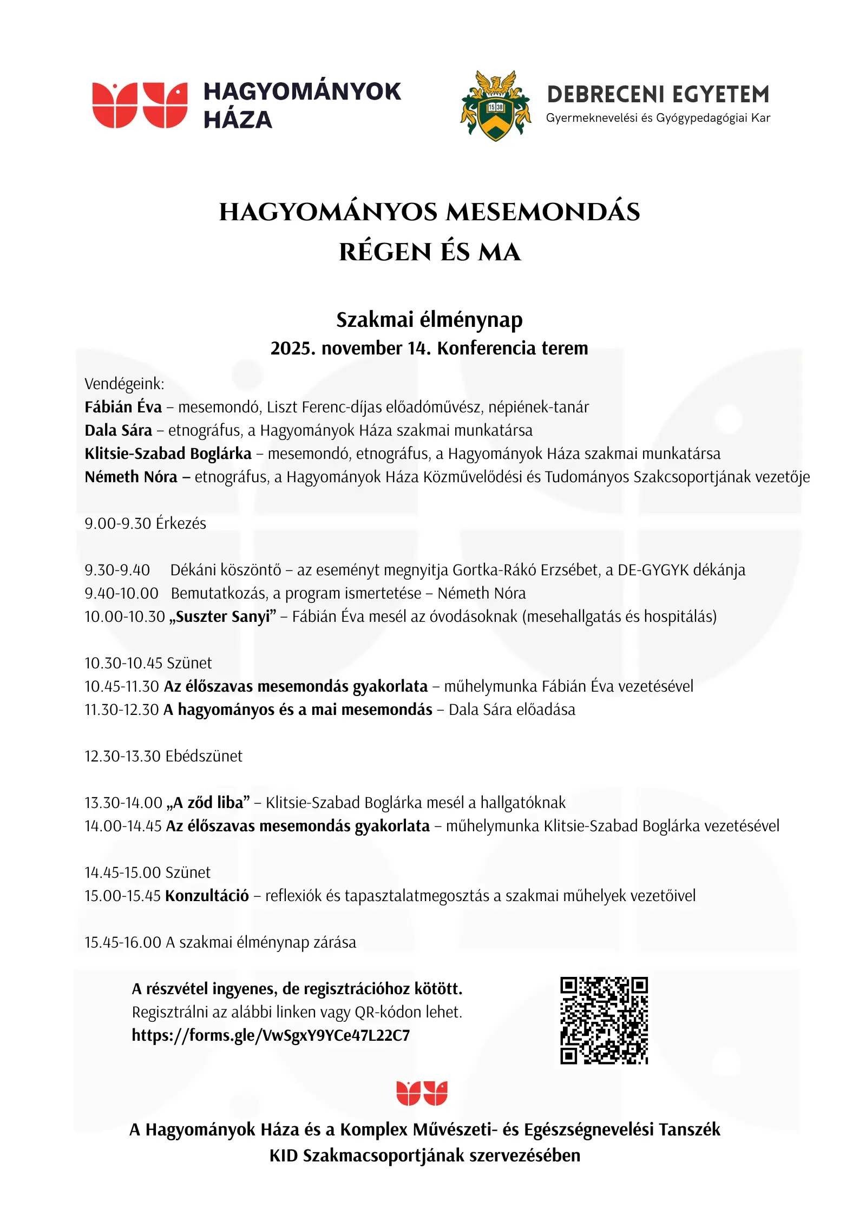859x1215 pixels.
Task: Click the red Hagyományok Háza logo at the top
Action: (x=140, y=105)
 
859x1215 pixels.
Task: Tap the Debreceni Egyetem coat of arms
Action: (x=495, y=106)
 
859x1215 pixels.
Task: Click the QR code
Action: (x=604, y=1020)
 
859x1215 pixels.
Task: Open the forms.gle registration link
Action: (x=271, y=1035)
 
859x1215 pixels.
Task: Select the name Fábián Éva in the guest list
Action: (x=123, y=407)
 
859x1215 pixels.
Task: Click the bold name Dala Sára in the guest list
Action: (x=118, y=430)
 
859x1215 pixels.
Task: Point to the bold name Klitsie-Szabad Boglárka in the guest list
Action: (x=168, y=454)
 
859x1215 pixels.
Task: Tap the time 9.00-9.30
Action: (x=117, y=523)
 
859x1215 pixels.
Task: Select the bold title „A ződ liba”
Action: (x=208, y=803)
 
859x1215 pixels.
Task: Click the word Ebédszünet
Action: (x=204, y=756)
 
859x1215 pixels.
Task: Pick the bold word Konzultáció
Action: (x=207, y=896)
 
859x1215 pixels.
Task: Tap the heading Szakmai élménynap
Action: (x=429, y=319)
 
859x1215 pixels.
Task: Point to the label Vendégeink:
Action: (x=124, y=384)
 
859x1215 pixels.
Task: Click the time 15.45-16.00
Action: (x=123, y=942)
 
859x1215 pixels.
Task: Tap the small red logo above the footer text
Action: (x=422, y=1093)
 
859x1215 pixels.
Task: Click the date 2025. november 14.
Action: (x=351, y=348)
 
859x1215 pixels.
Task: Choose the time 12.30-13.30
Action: (x=123, y=756)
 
